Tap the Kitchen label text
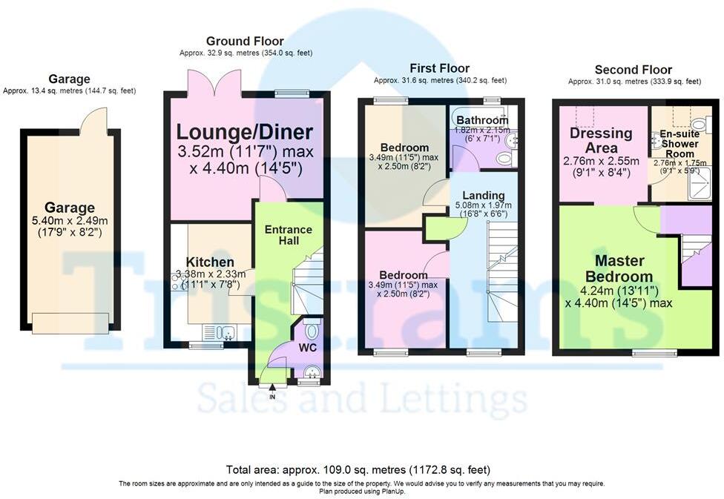point(210,262)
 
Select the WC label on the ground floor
point(307,347)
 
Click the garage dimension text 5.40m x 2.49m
point(69,221)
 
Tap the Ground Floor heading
point(245,42)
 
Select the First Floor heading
point(440,68)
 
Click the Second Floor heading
point(633,70)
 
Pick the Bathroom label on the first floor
point(482,120)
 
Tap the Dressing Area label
point(600,140)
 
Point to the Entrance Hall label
point(289,237)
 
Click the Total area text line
point(358,469)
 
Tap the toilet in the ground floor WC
point(312,329)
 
